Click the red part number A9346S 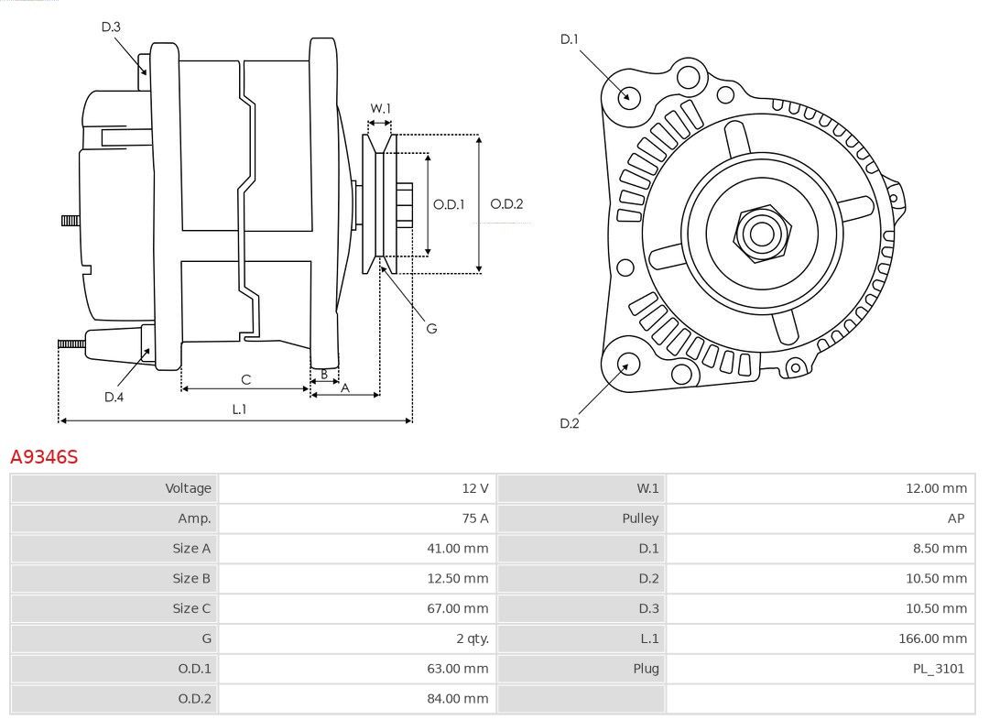tap(44, 457)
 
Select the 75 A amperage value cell tap(475, 518)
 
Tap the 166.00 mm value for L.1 tap(932, 638)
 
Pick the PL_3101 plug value tap(939, 669)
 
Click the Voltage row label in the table tap(188, 488)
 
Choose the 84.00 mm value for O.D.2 tap(457, 699)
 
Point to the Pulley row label tap(640, 518)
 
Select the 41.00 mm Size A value tap(457, 549)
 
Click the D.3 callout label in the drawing tap(111, 27)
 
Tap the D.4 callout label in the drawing tap(114, 397)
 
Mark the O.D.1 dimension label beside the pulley tap(449, 204)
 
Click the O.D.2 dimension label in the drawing tap(506, 204)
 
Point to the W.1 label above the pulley tap(380, 108)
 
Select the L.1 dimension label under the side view tap(239, 409)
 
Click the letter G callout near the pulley tap(431, 328)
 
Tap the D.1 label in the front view tap(569, 39)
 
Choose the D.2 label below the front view tap(569, 423)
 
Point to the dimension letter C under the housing tap(246, 380)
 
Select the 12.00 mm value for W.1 tap(936, 488)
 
